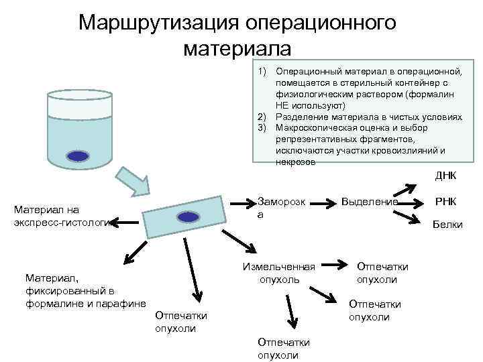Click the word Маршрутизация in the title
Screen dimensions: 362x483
pos(157,23)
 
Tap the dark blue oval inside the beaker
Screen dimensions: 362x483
pos(78,157)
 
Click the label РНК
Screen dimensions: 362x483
pos(446,200)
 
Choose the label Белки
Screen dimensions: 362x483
pos(447,224)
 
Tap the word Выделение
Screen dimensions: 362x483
pos(370,201)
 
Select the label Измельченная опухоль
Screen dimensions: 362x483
pos(279,273)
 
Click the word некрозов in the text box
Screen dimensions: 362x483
pos(295,162)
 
